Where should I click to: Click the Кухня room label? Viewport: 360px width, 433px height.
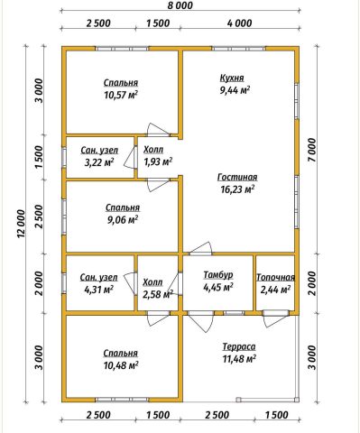(232, 78)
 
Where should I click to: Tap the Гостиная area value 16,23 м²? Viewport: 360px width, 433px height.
(236, 189)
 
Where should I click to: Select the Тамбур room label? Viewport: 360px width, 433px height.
(218, 275)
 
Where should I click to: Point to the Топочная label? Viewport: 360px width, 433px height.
(275, 278)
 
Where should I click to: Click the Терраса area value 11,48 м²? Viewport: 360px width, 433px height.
(239, 359)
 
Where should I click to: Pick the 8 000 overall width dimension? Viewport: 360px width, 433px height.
(180, 5)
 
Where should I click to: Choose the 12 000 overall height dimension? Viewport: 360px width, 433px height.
(22, 224)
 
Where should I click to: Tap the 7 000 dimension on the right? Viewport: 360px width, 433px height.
(312, 150)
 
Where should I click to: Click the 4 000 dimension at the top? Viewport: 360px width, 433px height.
(240, 23)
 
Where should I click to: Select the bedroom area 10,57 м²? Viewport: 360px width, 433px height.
(121, 96)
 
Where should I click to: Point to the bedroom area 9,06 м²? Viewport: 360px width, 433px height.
(123, 220)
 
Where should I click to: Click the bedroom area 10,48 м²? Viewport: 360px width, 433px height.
(121, 365)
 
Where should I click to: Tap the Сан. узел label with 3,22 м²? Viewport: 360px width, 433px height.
(99, 151)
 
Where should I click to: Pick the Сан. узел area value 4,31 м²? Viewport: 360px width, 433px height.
(99, 290)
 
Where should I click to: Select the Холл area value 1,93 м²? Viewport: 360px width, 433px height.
(158, 162)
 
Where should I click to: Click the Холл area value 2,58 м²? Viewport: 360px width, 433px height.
(158, 294)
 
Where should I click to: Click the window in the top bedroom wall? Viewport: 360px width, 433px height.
(122, 49)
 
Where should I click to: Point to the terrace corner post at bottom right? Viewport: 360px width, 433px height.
(297, 400)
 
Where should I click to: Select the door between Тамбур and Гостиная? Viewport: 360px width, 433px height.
(199, 249)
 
